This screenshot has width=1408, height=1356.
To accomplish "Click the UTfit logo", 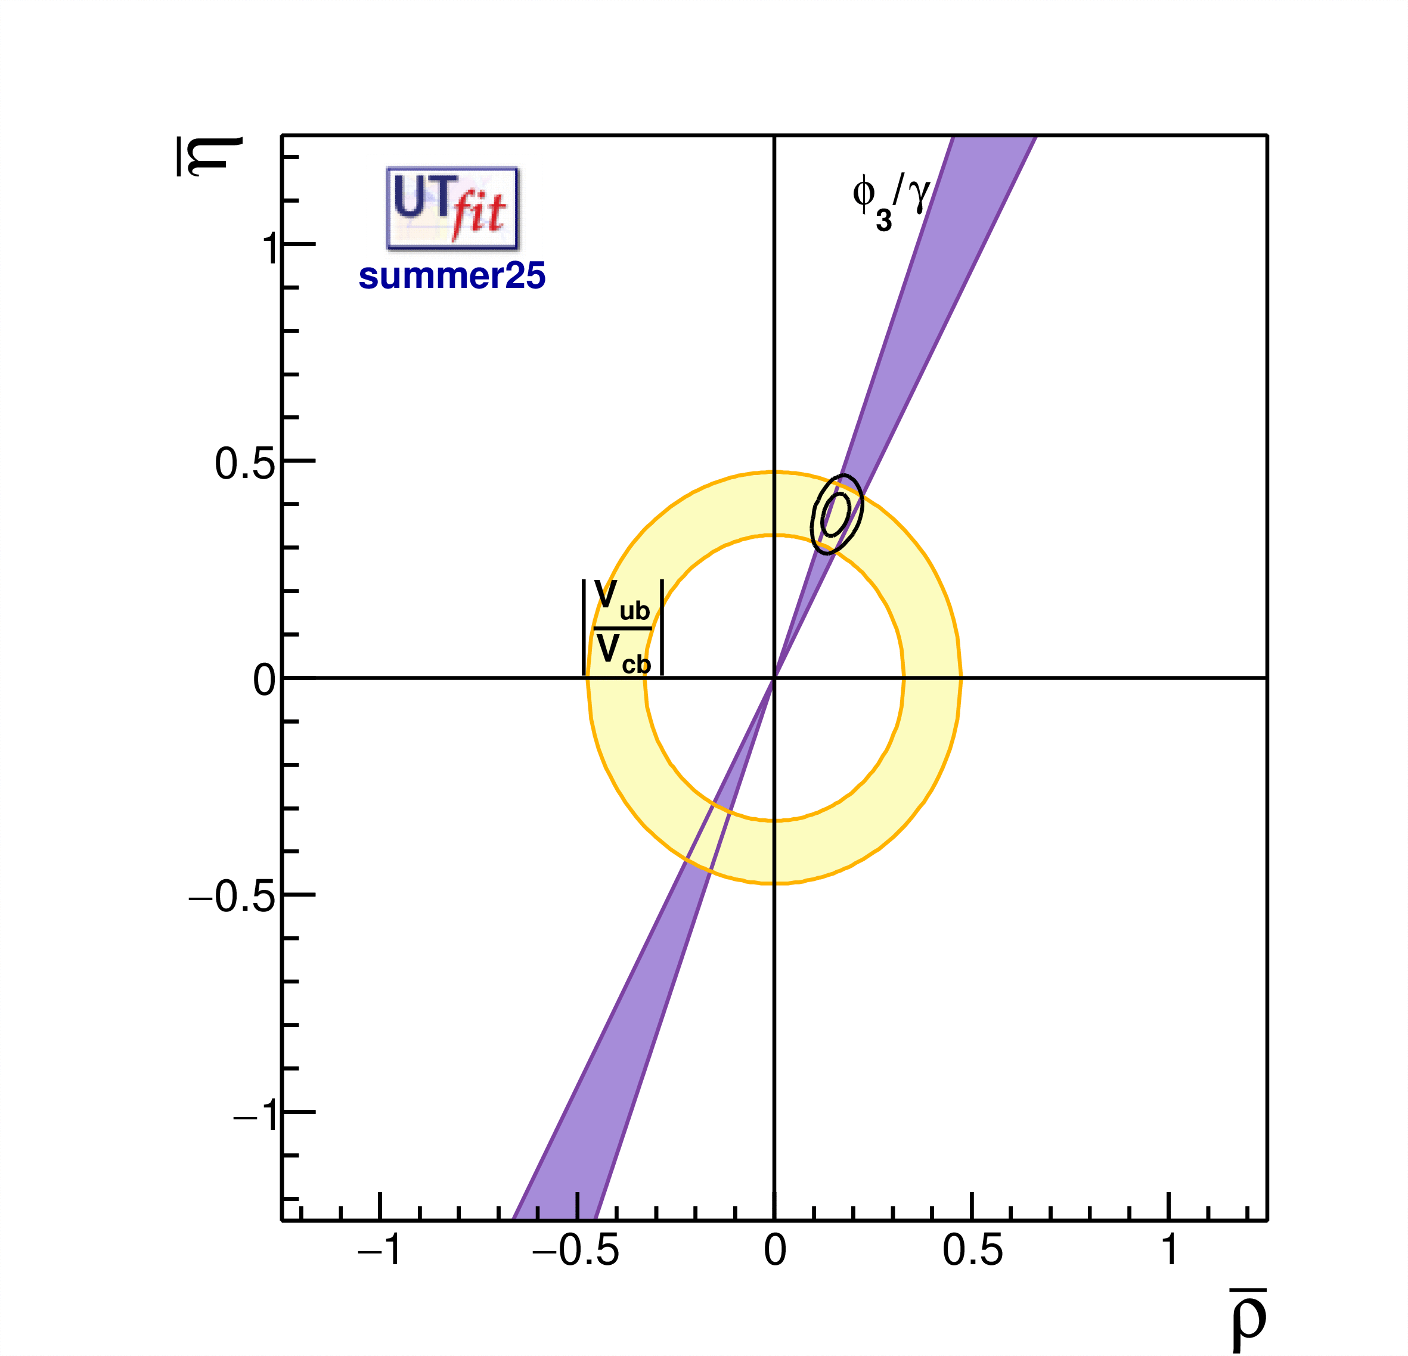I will coord(452,208).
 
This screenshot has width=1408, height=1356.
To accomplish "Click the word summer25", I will coord(452,276).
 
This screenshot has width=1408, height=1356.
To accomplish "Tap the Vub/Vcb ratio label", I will coord(622,628).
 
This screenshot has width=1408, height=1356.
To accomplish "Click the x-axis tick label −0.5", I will coord(575,1250).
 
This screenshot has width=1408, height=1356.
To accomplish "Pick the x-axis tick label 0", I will coord(774,1250).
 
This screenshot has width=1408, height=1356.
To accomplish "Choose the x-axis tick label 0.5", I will coord(972,1250).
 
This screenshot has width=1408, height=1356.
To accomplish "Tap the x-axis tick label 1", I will coord(1170,1250).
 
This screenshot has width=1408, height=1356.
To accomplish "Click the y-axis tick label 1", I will coord(269,249).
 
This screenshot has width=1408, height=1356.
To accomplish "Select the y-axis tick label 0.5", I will coord(245,463).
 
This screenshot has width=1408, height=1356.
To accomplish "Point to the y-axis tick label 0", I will coord(263,679).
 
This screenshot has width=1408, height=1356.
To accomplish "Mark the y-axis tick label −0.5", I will coord(232,896).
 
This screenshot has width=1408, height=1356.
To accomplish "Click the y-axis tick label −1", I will coord(256,1114).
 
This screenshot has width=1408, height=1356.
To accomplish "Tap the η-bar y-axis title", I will coord(209,156).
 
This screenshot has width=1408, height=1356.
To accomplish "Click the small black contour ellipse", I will coord(837,514).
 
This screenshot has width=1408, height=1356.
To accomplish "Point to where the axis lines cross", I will coord(774,677).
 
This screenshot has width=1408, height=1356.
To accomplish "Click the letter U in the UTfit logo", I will coord(407,197).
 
